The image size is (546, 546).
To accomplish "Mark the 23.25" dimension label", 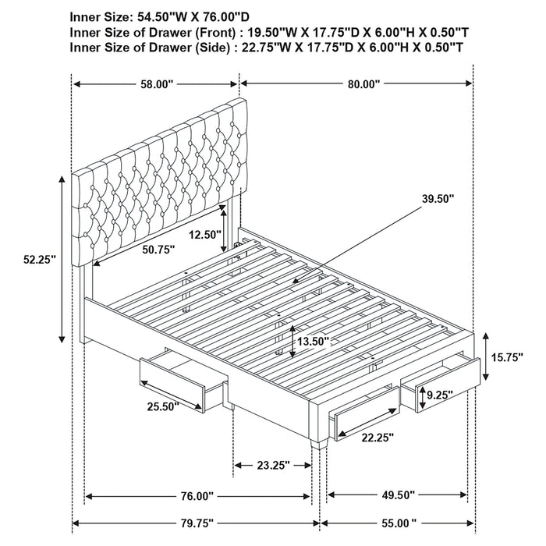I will point(271,465).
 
